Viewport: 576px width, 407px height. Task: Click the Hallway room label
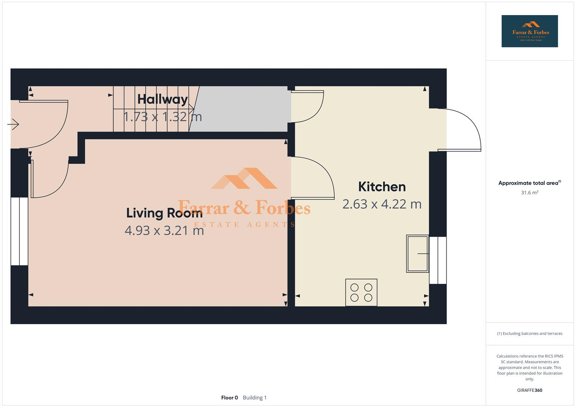point(162,99)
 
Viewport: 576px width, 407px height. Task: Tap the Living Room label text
point(164,213)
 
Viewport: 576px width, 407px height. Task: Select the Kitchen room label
point(382,187)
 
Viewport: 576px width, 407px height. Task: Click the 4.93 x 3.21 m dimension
point(164,230)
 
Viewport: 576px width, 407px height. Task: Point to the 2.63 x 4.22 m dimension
point(382,204)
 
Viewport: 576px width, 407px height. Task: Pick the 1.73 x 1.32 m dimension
point(163,116)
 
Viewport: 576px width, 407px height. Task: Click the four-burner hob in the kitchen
point(361,292)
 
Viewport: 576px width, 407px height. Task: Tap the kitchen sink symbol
point(417,254)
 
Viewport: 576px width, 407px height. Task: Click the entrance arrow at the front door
point(13,124)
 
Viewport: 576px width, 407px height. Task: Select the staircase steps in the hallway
point(151,109)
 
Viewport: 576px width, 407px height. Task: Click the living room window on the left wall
point(19,231)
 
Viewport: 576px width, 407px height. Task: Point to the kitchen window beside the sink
point(438,260)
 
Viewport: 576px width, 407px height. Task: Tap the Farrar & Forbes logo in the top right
point(529,31)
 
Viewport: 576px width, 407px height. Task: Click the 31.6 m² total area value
point(529,193)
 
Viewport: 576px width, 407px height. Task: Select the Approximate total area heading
point(529,183)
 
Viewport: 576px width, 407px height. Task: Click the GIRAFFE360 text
point(529,390)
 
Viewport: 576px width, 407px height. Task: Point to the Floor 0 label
point(229,398)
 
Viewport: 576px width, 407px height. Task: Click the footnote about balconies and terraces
point(529,334)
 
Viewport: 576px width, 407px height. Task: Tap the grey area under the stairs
point(241,109)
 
